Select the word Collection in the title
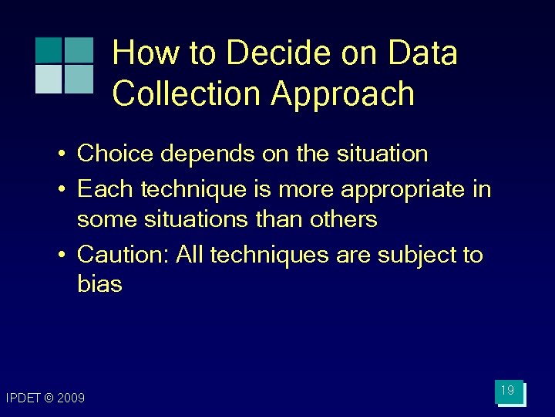pyautogui.click(x=187, y=94)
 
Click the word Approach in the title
pyautogui.click(x=342, y=94)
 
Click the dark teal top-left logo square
pyautogui.click(x=49, y=50)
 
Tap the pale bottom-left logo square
pyautogui.click(x=49, y=79)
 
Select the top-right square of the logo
pyautogui.click(x=78, y=50)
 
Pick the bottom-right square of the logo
pyautogui.click(x=78, y=79)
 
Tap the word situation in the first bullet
pyautogui.click(x=382, y=154)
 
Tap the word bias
pyautogui.click(x=99, y=284)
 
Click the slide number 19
pyautogui.click(x=508, y=392)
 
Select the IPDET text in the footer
pyautogui.click(x=23, y=398)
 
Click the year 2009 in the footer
pyautogui.click(x=71, y=398)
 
